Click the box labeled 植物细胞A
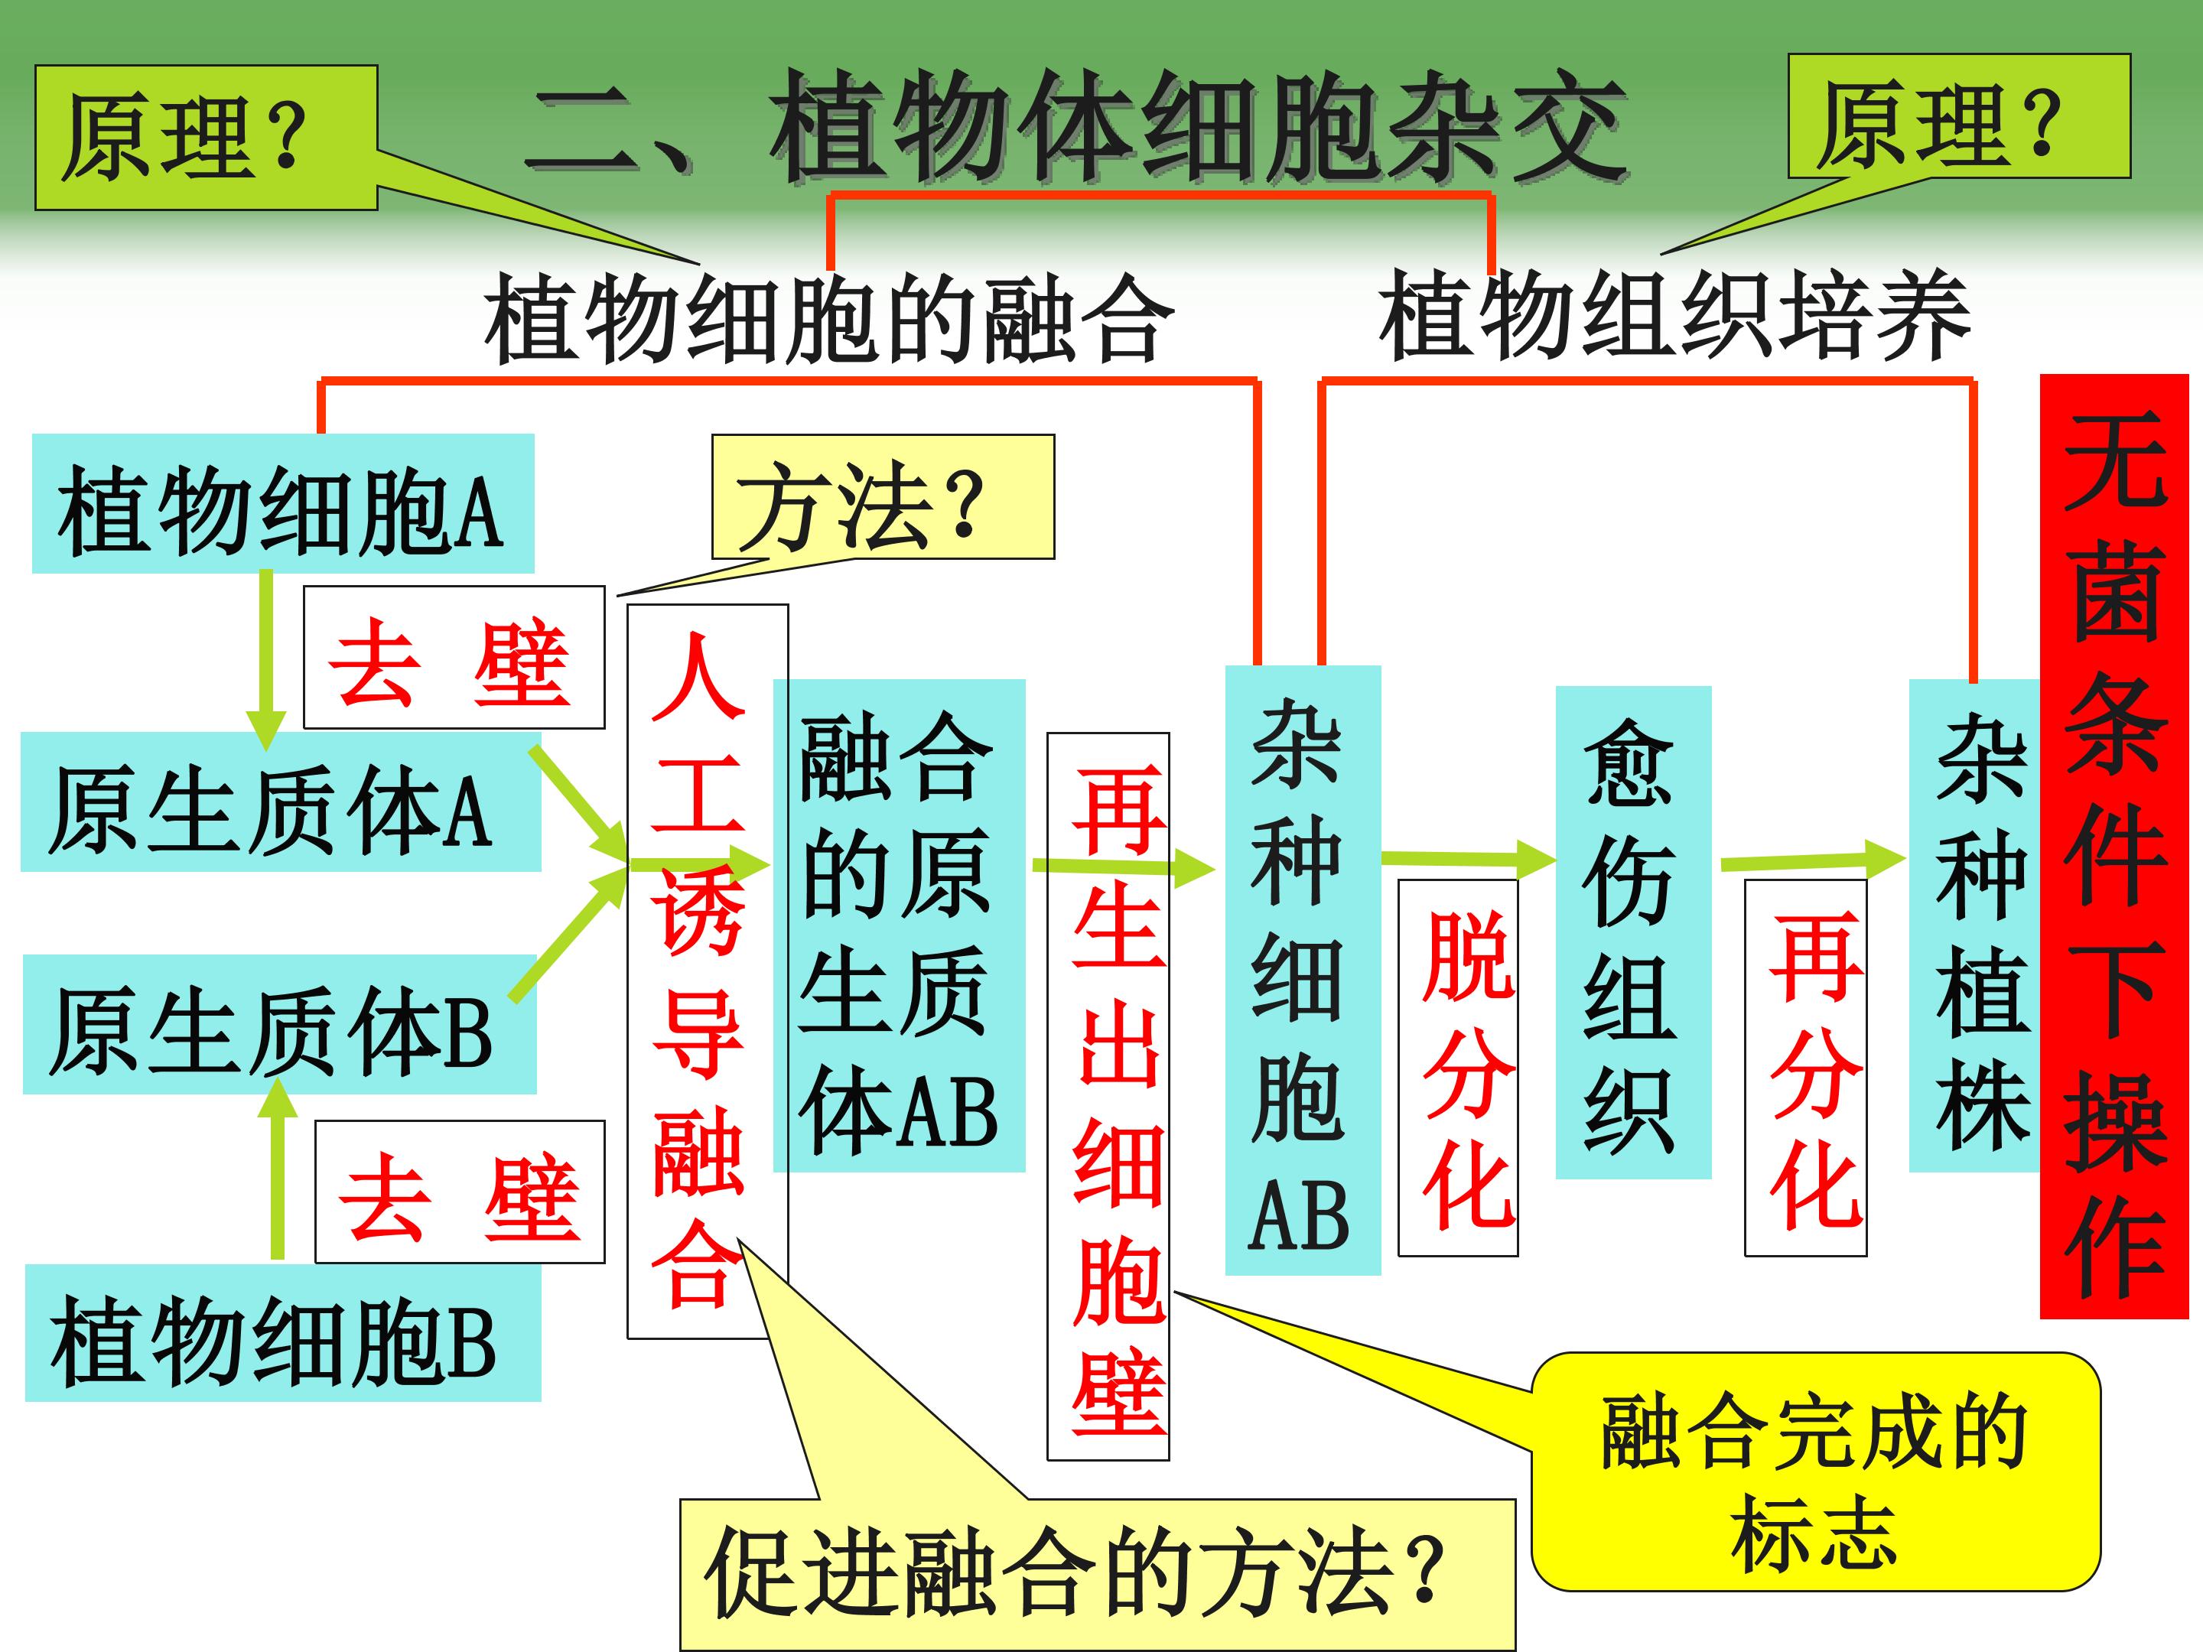tap(283, 503)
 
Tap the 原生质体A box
tap(281, 802)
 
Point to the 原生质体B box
tap(279, 1025)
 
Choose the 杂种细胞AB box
tap(1302, 971)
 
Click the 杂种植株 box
tap(1975, 926)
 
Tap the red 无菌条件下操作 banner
tap(2114, 847)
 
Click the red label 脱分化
tap(1458, 1068)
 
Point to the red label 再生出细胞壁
tap(1108, 1095)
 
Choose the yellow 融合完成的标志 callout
tap(1814, 1472)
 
